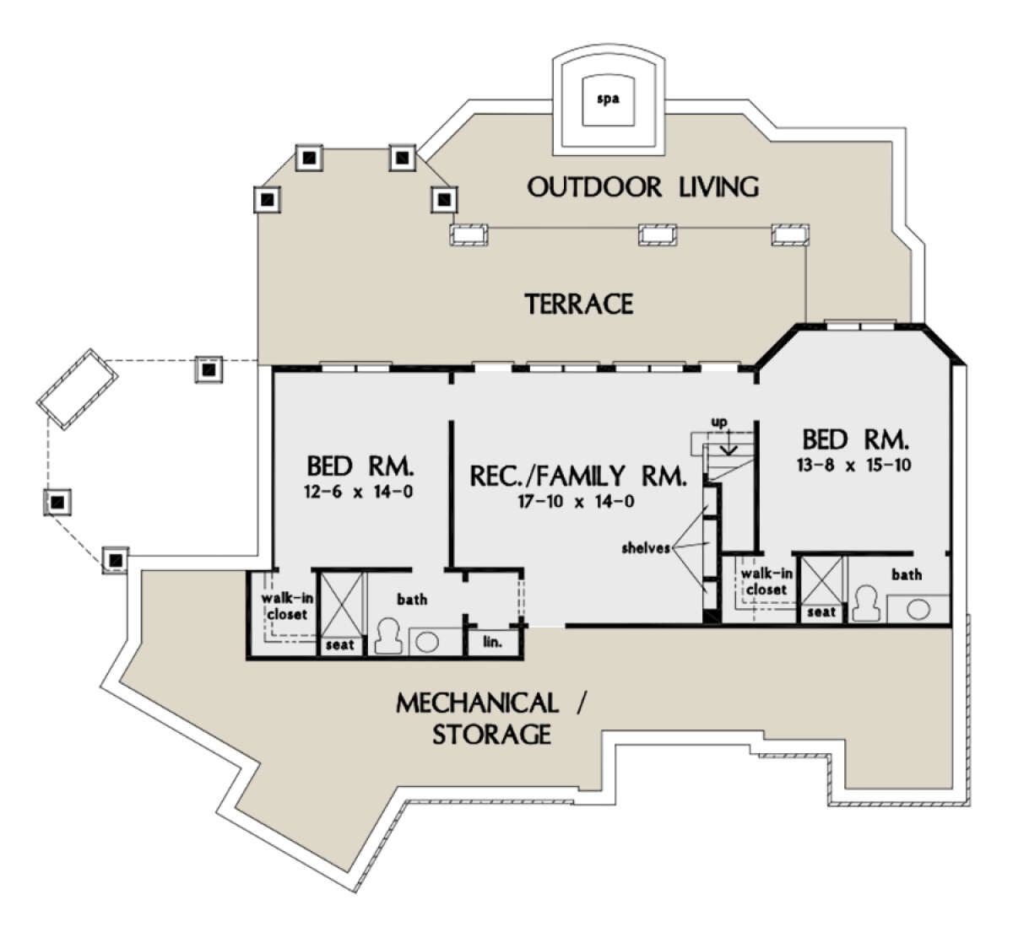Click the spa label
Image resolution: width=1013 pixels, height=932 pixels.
tap(608, 100)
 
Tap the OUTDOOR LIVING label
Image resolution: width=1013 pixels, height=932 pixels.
tap(643, 187)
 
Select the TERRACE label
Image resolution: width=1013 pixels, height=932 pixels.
tap(579, 304)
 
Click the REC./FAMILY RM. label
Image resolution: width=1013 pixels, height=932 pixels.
tap(577, 476)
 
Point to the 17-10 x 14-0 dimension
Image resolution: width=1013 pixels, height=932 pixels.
tap(577, 502)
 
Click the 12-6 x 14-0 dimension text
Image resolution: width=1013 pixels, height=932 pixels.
tap(359, 492)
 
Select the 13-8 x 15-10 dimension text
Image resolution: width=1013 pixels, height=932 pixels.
tap(854, 465)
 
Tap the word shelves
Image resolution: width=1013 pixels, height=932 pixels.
tap(646, 547)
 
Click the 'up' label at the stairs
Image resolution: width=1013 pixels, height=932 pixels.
tap(719, 423)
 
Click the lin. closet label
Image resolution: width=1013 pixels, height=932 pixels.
tap(492, 643)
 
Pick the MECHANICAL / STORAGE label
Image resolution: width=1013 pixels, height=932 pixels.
tap(491, 719)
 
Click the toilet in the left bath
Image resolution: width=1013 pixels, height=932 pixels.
tap(388, 637)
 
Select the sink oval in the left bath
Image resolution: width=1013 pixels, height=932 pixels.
tap(427, 643)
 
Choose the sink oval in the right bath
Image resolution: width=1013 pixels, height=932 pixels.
tap(918, 610)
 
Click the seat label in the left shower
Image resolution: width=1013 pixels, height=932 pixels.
tap(340, 645)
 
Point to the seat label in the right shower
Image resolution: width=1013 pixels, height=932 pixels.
tap(821, 612)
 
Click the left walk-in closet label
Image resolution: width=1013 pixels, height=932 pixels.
tap(287, 606)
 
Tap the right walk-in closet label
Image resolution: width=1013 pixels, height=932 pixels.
tap(767, 582)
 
